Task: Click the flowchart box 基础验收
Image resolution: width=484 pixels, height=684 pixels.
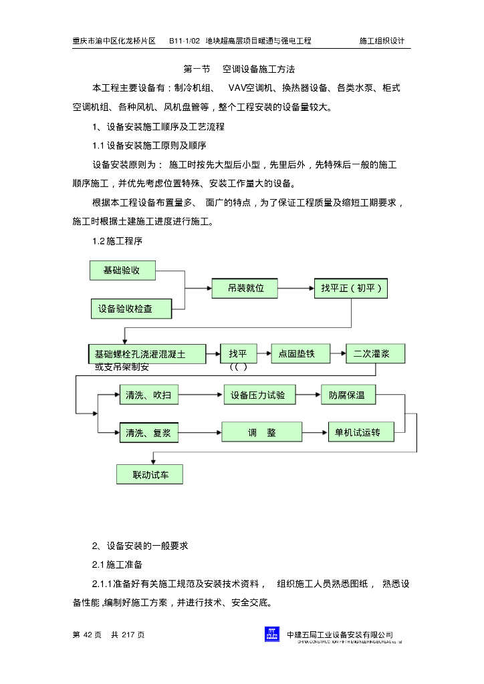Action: tap(122, 271)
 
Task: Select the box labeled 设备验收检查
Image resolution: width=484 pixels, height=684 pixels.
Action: tap(131, 309)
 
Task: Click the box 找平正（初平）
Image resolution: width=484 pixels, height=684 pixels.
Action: tap(350, 289)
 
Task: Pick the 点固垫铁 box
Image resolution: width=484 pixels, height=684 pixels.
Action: tap(301, 354)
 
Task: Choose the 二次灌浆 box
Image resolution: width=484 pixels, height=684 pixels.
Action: tap(375, 354)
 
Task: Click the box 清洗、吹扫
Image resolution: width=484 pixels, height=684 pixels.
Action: tap(149, 395)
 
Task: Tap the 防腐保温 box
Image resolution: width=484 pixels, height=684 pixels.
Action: tap(348, 395)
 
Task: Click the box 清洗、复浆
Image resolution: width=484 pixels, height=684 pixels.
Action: tap(149, 433)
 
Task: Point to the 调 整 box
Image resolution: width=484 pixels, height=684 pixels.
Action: tap(261, 433)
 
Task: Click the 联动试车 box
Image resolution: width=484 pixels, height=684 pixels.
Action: tap(149, 475)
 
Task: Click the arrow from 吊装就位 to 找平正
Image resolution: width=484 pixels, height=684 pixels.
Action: tap(295, 289)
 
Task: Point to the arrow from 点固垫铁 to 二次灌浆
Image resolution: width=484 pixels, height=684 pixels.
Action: tap(338, 354)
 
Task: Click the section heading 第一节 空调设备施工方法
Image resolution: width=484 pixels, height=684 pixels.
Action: tap(239, 69)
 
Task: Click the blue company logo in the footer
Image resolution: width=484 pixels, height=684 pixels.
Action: tap(272, 635)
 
